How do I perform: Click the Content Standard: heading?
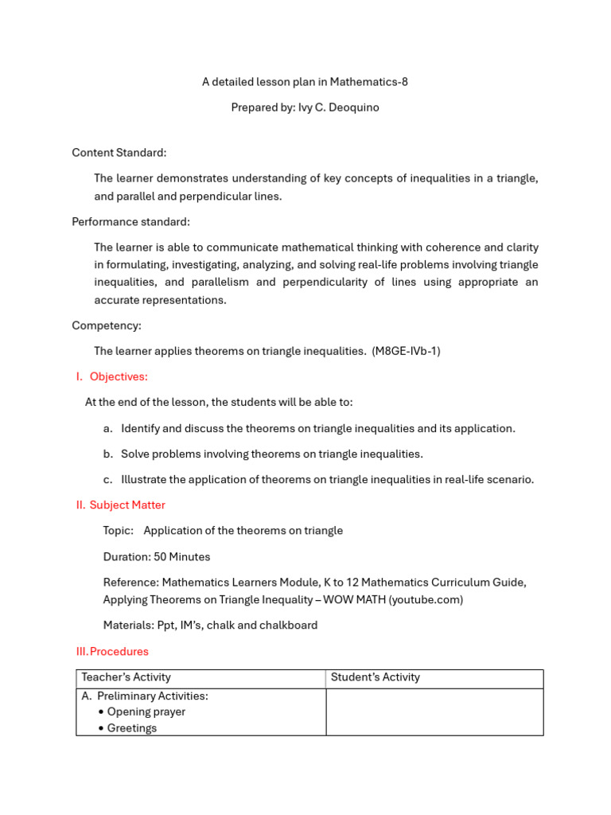point(119,152)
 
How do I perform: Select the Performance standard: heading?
point(130,221)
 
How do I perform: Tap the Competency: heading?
point(107,326)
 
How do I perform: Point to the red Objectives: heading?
point(119,376)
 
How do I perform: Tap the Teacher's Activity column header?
point(126,677)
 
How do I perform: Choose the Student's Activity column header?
point(376,677)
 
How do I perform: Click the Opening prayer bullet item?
point(146,712)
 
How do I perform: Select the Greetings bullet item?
point(132,727)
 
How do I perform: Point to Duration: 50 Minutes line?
point(157,556)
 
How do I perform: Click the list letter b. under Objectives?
point(108,454)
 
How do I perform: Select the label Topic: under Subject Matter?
point(119,530)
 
